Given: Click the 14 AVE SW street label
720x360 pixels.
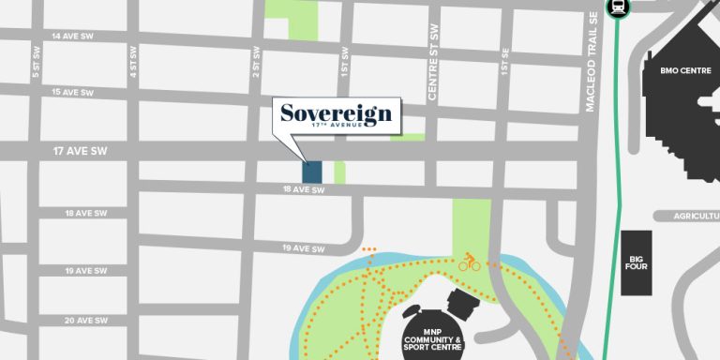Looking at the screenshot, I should (73, 37).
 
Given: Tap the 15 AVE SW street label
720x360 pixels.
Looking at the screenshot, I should (73, 93).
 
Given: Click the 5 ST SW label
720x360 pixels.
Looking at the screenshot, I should (36, 69).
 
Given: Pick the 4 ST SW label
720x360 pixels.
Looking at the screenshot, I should (134, 69).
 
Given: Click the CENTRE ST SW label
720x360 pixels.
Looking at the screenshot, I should (432, 75).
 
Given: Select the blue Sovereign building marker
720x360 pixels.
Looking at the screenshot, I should (312, 172).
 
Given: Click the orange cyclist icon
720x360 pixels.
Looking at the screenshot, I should (469, 262).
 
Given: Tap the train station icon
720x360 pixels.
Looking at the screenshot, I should (619, 7).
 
